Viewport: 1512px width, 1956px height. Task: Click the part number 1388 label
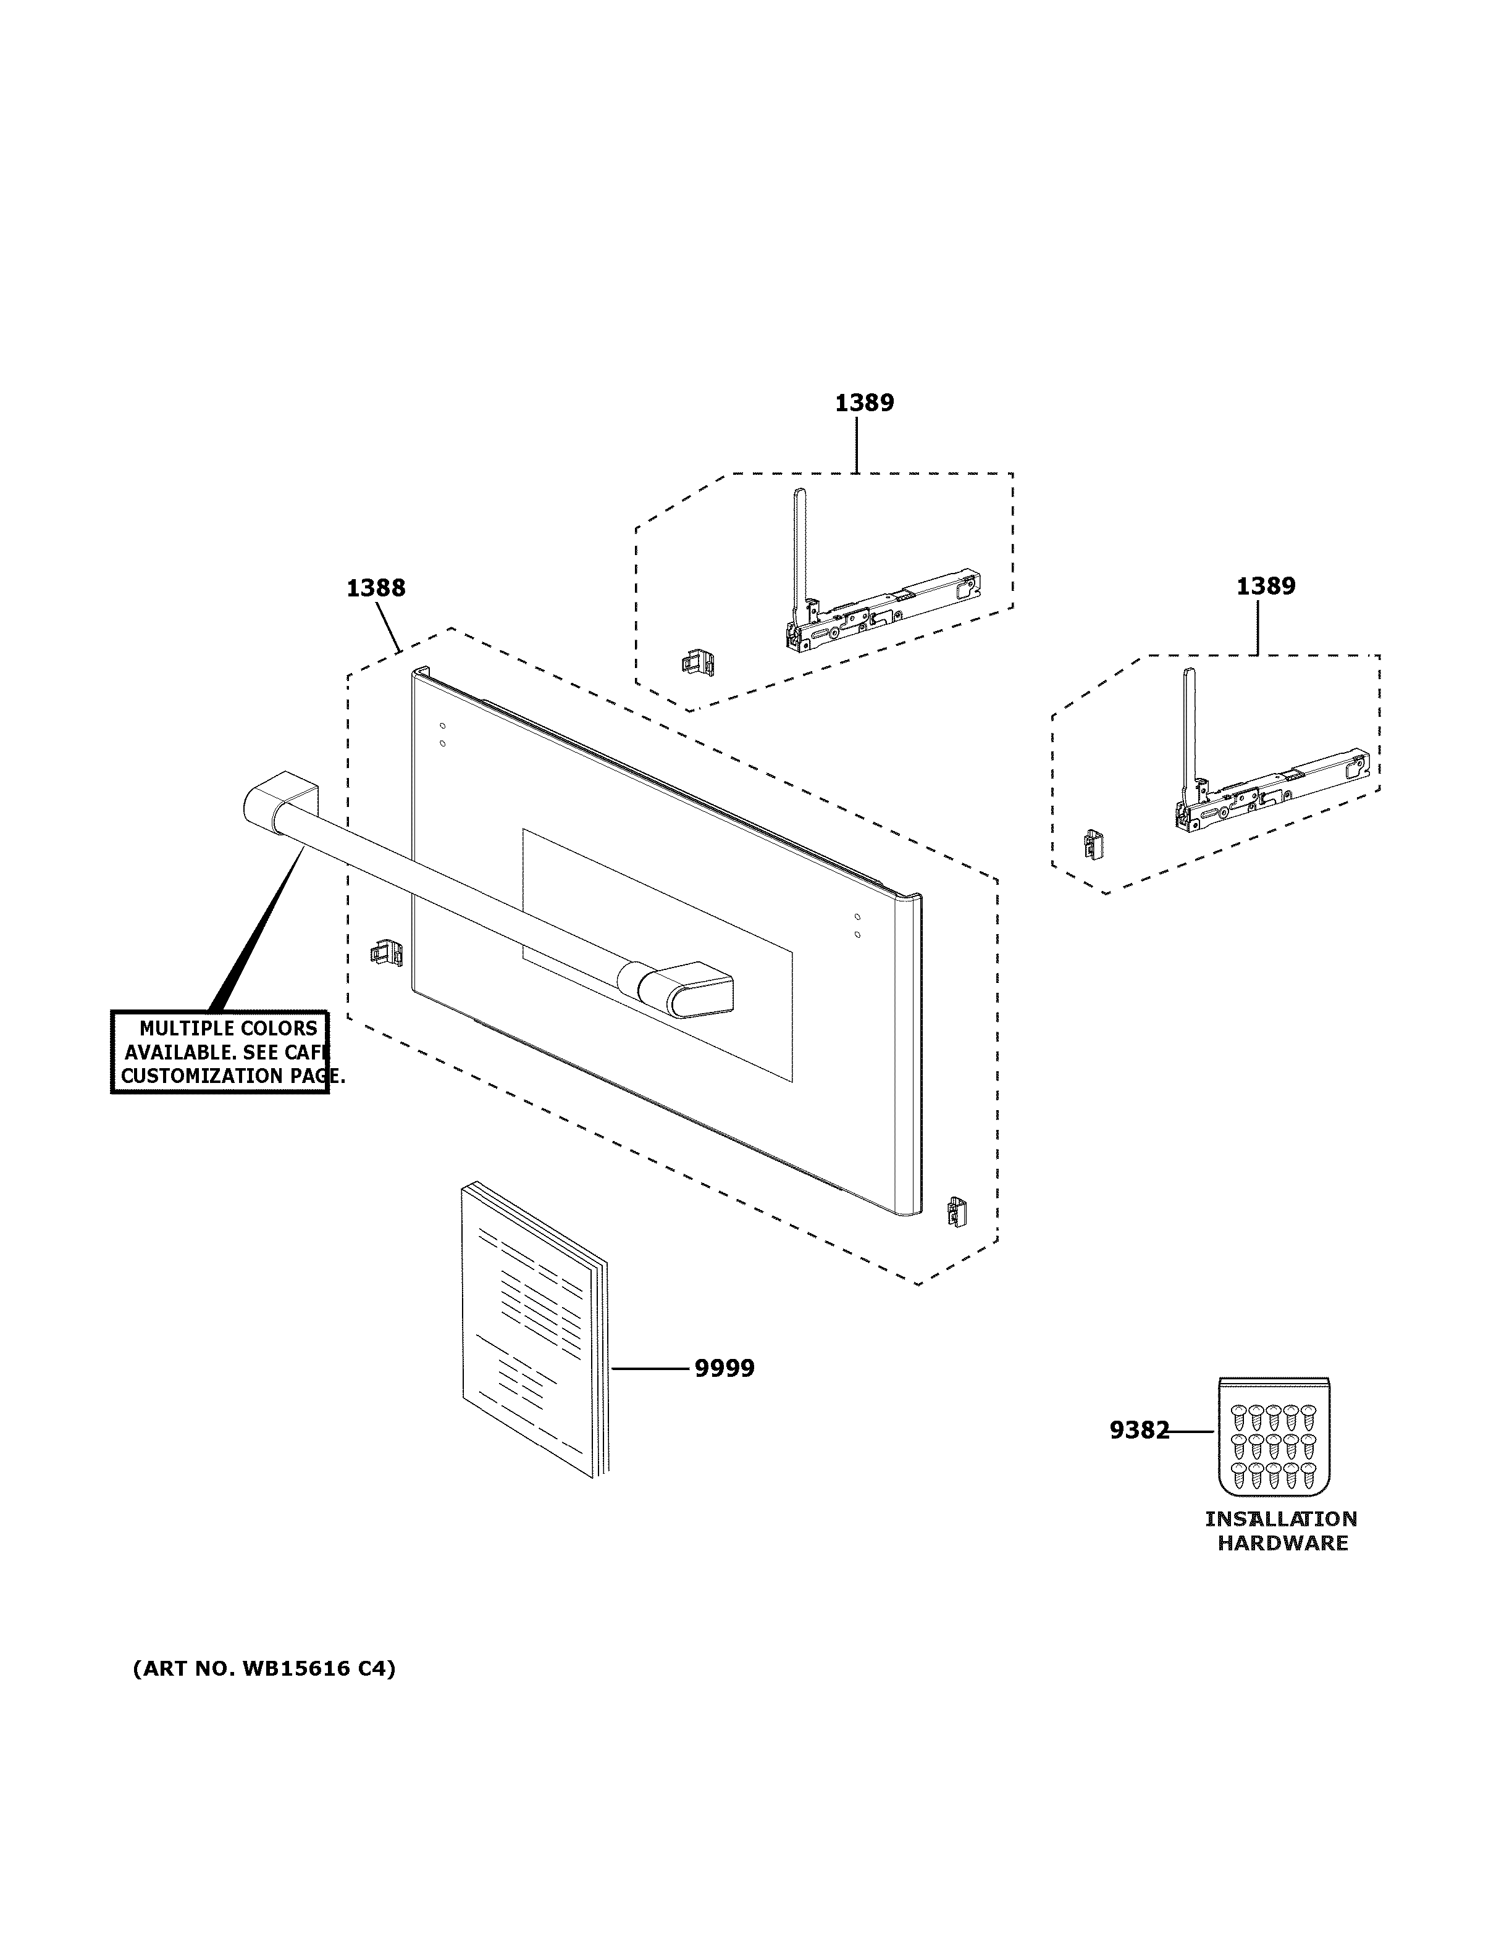point(376,588)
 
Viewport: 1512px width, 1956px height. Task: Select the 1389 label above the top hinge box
point(863,403)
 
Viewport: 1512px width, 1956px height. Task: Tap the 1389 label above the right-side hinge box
point(1265,586)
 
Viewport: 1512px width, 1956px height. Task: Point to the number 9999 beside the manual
point(724,1368)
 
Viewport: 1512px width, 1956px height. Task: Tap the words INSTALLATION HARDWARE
point(1281,1531)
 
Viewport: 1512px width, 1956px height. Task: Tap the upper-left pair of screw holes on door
point(442,734)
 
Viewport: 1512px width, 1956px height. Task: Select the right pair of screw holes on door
point(857,925)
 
